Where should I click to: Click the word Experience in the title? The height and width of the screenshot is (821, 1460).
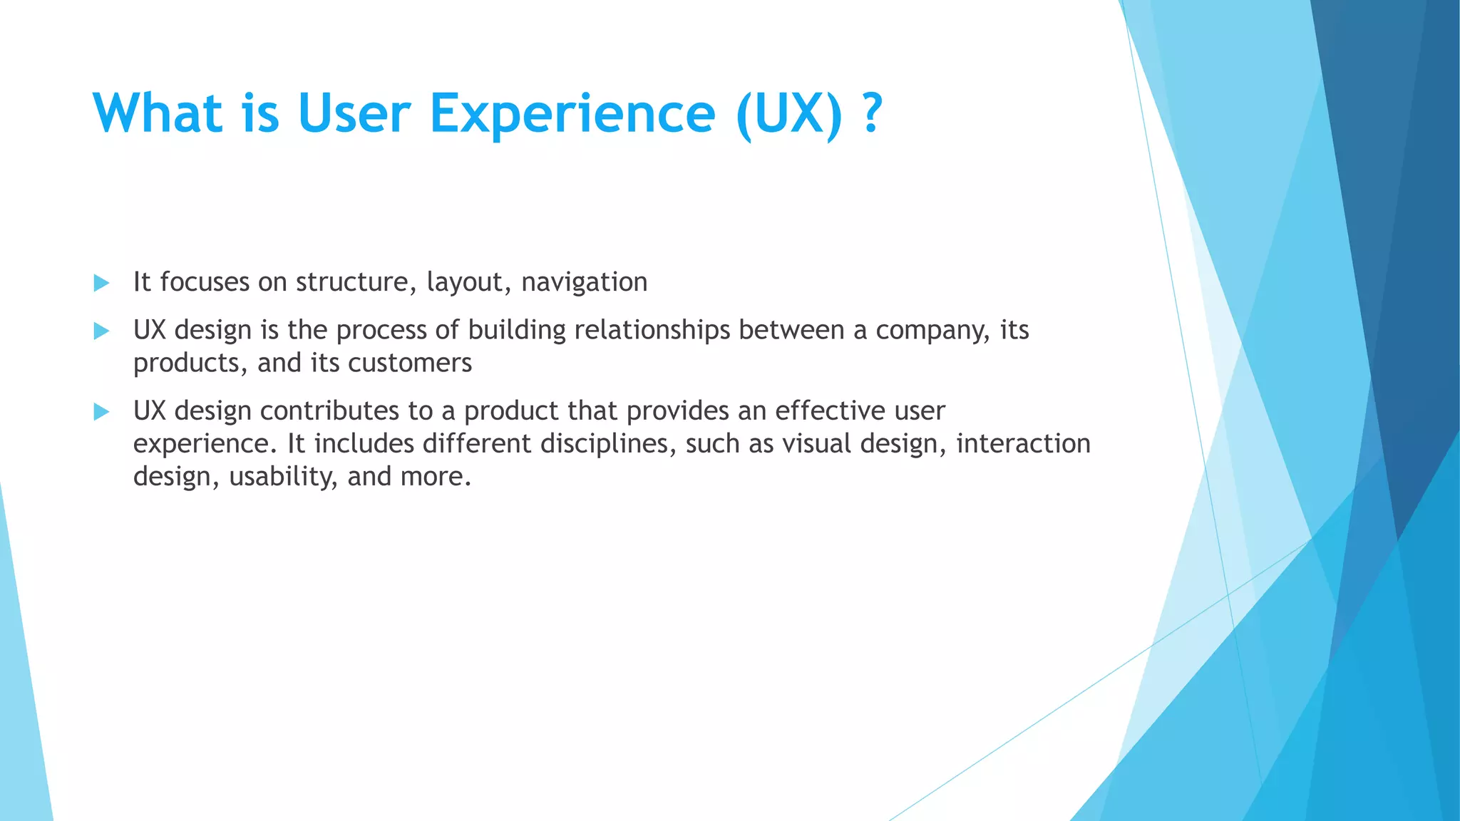coord(572,114)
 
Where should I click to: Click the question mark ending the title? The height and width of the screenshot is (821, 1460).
coord(872,114)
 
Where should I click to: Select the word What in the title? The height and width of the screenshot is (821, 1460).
coord(158,114)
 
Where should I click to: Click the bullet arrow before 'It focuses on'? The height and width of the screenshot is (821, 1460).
coord(101,283)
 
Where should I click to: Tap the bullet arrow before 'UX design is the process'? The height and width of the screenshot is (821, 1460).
coord(101,331)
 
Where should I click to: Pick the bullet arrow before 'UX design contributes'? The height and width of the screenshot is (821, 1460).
coord(101,411)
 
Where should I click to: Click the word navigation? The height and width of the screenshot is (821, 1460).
coord(584,283)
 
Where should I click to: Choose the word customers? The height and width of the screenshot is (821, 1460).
coord(410,363)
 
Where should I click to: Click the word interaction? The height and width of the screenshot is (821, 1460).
coord(1023,444)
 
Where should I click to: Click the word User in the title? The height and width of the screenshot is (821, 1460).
coord(354,114)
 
